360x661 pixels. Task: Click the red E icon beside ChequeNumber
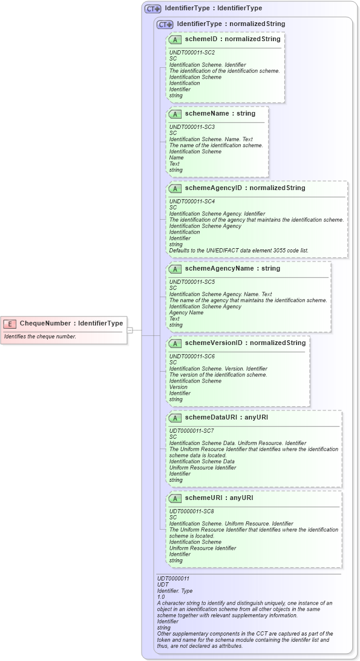tap(10, 323)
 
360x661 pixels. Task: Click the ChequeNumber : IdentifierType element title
tap(71, 323)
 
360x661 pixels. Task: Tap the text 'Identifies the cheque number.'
tap(40, 336)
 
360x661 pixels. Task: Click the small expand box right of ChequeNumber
tap(129, 330)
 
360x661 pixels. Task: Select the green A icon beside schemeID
tap(175, 39)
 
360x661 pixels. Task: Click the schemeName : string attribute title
tap(220, 113)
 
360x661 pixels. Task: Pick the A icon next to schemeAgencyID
tap(175, 188)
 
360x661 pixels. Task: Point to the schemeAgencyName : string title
tap(232, 268)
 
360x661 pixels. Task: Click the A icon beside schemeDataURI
tap(175, 418)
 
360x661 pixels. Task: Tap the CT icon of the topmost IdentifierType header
tap(152, 9)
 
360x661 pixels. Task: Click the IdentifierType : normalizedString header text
tap(231, 24)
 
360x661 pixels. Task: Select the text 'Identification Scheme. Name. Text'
tap(211, 139)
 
